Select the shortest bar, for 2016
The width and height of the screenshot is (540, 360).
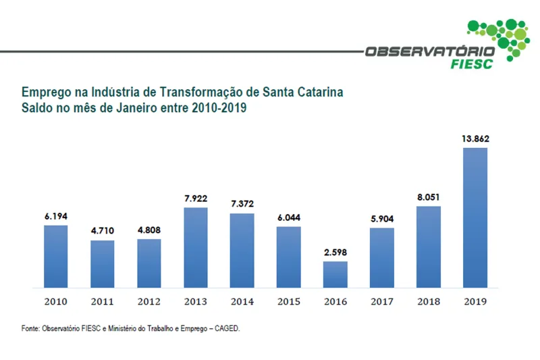tap(335, 274)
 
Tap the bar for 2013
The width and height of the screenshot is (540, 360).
tap(196, 247)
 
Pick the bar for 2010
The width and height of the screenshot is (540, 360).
tap(56, 256)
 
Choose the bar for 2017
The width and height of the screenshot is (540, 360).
tap(382, 257)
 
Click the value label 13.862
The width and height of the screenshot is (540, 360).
tap(475, 139)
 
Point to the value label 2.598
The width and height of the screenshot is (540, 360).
tap(335, 253)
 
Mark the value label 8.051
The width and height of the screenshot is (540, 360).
tap(429, 198)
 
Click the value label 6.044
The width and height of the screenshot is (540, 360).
tap(289, 217)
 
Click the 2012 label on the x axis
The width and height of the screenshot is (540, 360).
tap(149, 301)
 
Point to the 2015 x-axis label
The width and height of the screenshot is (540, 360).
tap(289, 301)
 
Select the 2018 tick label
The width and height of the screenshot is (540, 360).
tap(429, 301)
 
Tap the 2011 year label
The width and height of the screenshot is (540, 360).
tap(103, 301)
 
